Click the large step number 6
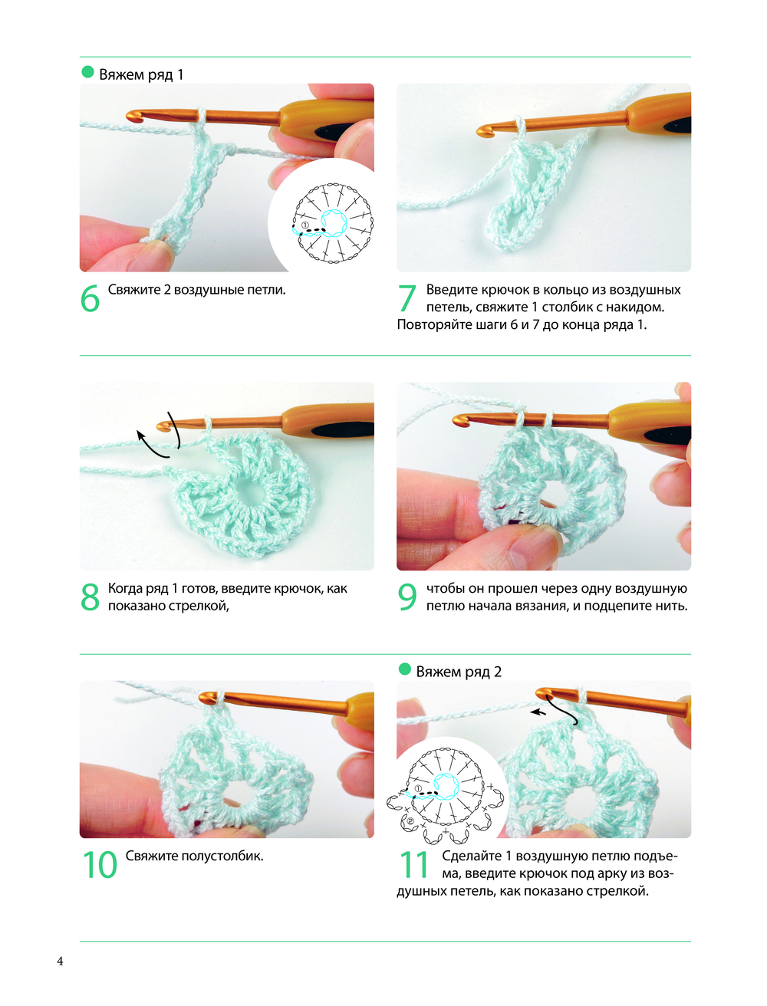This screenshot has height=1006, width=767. [x=90, y=298]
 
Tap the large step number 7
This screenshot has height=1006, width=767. [x=407, y=298]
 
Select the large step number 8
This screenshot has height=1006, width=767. [x=90, y=597]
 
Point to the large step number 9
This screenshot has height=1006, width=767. [x=407, y=597]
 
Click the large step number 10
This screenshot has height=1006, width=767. [x=100, y=864]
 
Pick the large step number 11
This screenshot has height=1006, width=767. [x=413, y=864]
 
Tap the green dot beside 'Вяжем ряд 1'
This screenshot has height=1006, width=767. [x=87, y=72]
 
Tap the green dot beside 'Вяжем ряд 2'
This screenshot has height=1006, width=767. [x=404, y=669]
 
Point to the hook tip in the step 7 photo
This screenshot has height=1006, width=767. [x=482, y=132]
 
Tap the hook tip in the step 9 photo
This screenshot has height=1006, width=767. [x=459, y=420]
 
